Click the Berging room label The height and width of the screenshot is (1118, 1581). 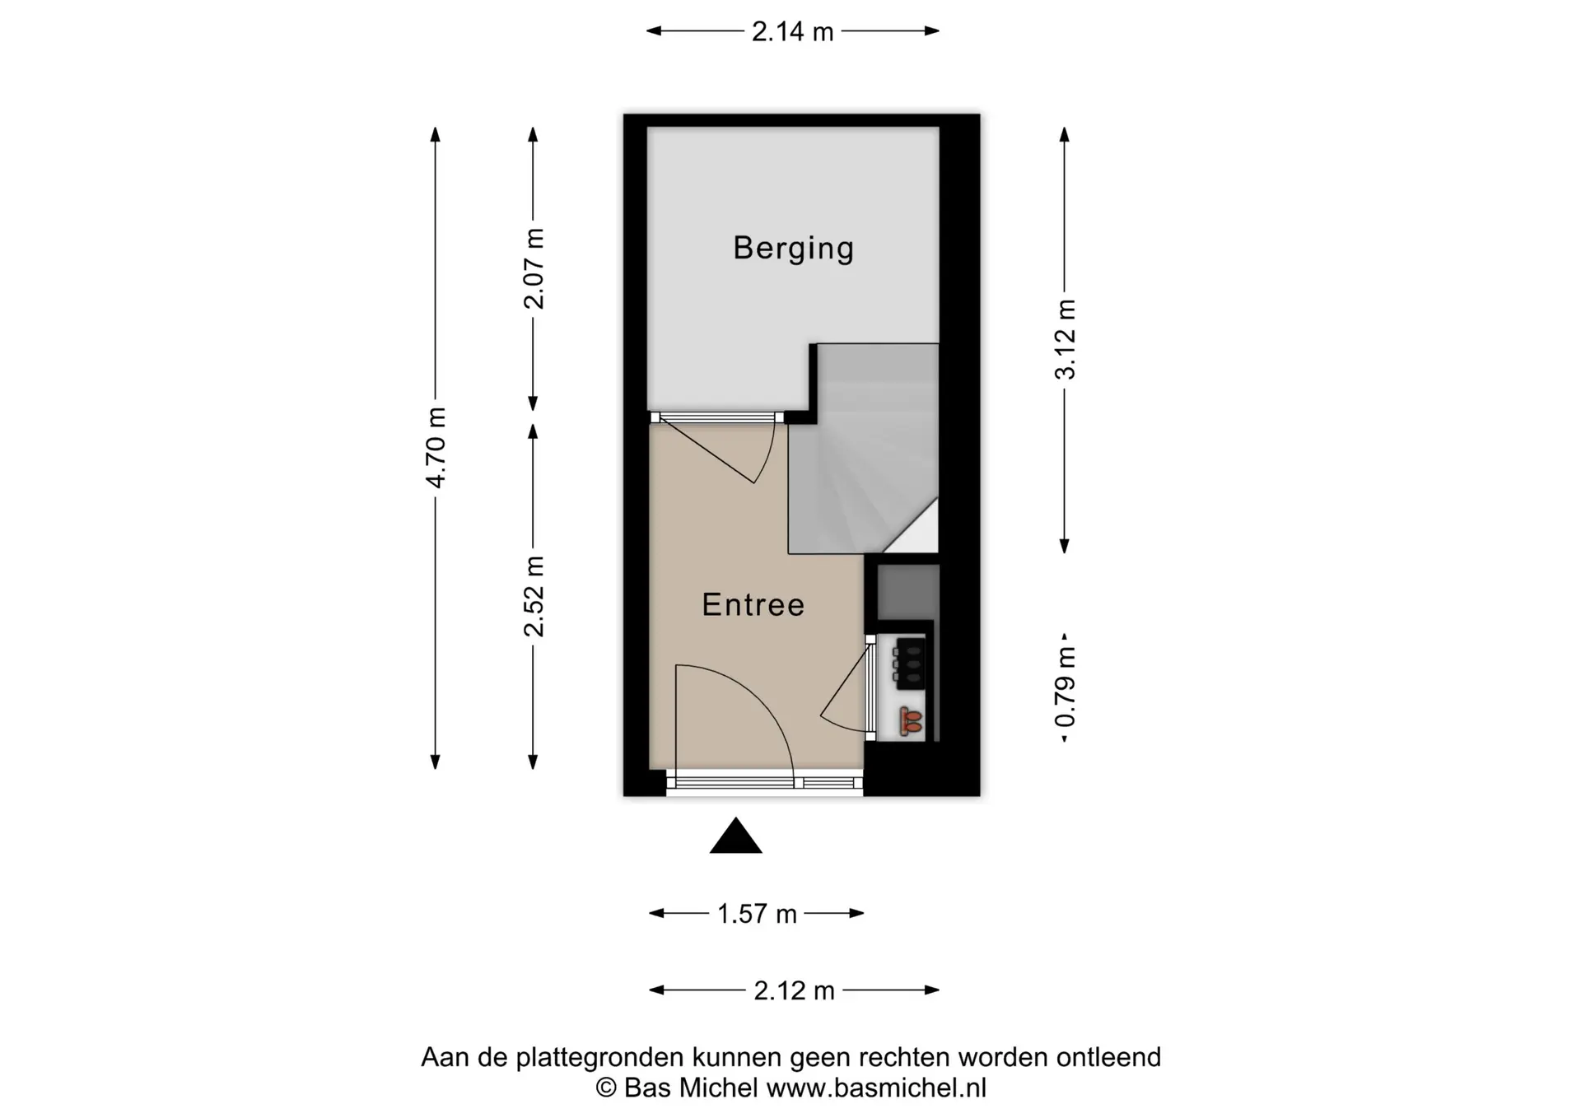[x=794, y=248]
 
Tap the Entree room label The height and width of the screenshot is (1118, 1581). [x=753, y=605]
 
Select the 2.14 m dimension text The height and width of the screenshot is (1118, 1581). [x=792, y=31]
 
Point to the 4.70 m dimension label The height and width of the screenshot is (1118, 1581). [x=436, y=447]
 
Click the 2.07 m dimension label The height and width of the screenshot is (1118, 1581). [x=534, y=268]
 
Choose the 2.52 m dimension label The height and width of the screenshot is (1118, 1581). [x=534, y=596]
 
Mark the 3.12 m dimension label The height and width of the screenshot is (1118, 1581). [x=1065, y=339]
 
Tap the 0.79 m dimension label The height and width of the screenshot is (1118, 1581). [x=1065, y=687]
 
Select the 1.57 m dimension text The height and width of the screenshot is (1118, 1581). [x=757, y=914]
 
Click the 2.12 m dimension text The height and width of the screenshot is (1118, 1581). [x=794, y=990]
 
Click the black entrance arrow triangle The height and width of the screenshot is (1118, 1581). [x=736, y=836]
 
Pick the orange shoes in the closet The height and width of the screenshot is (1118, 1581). [x=911, y=721]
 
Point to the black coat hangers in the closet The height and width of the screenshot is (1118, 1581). [x=909, y=663]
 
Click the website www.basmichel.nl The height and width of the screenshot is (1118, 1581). [x=876, y=1088]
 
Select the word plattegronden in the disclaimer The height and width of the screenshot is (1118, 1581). [x=600, y=1057]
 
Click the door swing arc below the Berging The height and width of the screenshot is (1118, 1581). [x=764, y=454]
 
